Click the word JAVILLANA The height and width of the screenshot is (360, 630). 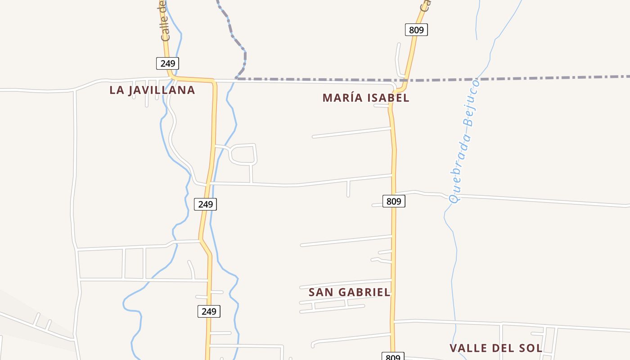[162, 90]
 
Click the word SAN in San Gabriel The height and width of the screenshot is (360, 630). [320, 292]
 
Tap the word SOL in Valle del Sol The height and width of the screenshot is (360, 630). [531, 348]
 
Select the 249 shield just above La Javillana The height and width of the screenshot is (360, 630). [167, 63]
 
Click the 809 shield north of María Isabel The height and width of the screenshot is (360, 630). [416, 30]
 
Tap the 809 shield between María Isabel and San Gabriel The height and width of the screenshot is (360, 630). [394, 201]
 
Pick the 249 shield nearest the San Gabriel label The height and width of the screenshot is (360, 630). [209, 311]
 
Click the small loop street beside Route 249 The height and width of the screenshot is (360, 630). [243, 154]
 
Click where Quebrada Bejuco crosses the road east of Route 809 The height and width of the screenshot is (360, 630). [450, 197]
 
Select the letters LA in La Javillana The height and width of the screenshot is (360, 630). [117, 90]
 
